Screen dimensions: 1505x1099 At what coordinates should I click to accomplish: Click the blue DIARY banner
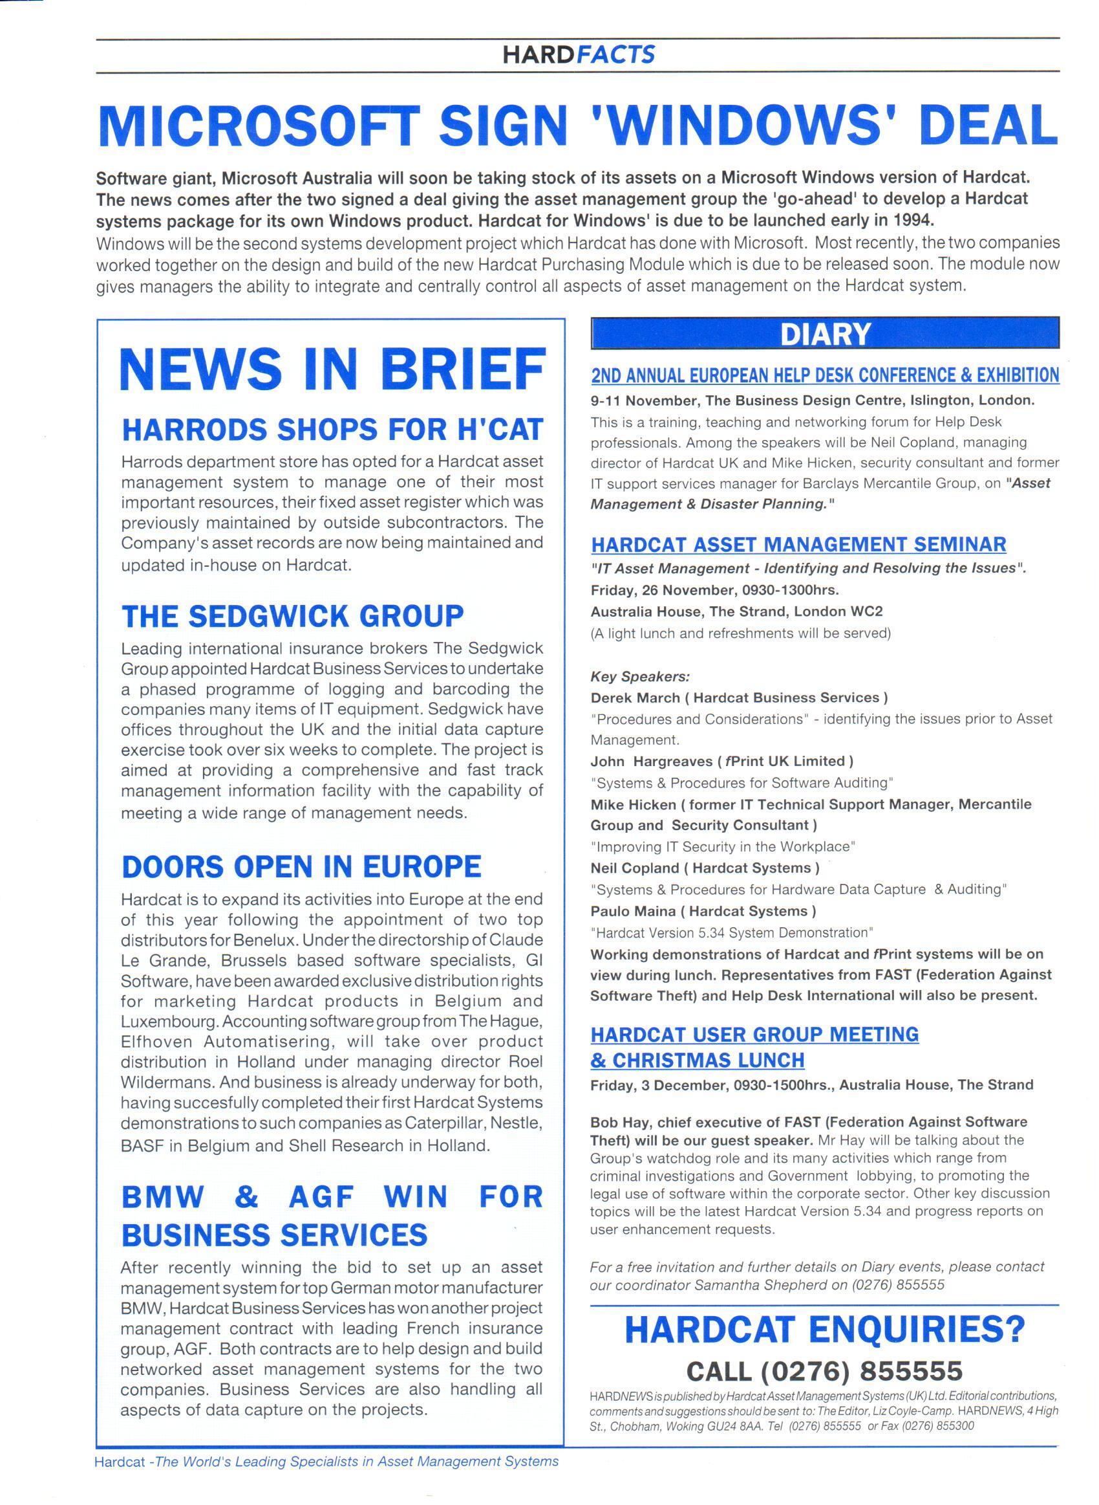click(x=825, y=333)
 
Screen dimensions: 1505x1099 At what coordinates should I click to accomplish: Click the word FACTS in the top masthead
click(x=616, y=54)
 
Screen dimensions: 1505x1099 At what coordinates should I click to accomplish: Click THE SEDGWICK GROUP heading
click(x=293, y=616)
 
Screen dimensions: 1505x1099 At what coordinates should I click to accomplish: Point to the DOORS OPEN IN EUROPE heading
click(x=301, y=866)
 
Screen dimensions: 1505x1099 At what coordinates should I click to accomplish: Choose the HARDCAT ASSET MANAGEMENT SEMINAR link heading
click(x=798, y=545)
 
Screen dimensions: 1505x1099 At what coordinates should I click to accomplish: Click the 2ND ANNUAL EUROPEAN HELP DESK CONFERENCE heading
click(x=825, y=375)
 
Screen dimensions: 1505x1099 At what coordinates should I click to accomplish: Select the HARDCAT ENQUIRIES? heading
click(x=825, y=1330)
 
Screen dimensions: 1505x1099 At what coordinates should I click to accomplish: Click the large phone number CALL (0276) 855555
click(x=825, y=1370)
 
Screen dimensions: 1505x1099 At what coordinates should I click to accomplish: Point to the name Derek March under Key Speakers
click(x=635, y=698)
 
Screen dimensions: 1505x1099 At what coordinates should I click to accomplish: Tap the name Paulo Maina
click(x=633, y=910)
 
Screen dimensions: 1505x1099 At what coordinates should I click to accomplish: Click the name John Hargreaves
click(x=648, y=761)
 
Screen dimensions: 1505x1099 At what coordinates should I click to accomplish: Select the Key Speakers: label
click(x=640, y=676)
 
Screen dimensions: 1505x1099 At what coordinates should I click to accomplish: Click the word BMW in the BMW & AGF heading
click(x=163, y=1197)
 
